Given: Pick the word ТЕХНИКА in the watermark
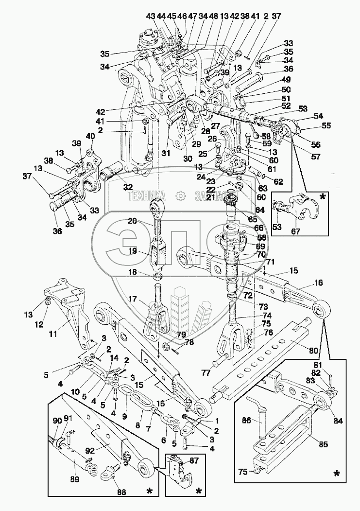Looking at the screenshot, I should [147, 196].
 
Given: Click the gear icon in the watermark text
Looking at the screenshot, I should [181, 196].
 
